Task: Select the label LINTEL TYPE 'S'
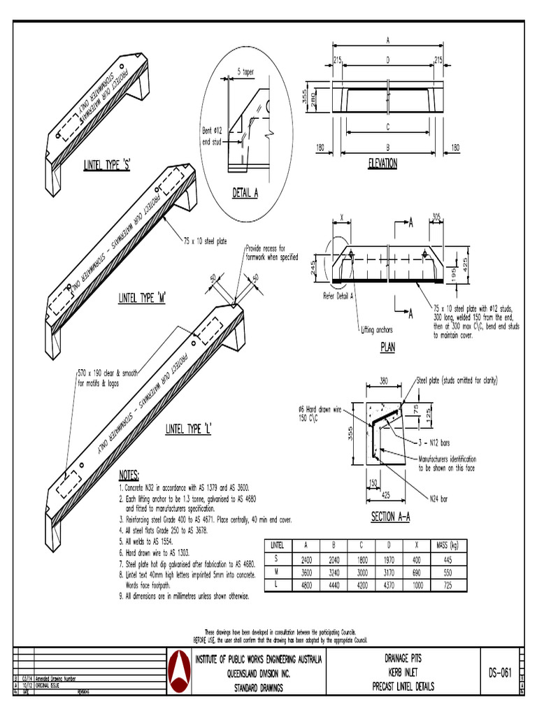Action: coord(108,164)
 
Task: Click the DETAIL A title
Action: coord(245,193)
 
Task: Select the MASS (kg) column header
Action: coord(447,544)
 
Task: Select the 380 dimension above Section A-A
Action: coord(384,382)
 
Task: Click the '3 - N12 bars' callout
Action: coord(436,443)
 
